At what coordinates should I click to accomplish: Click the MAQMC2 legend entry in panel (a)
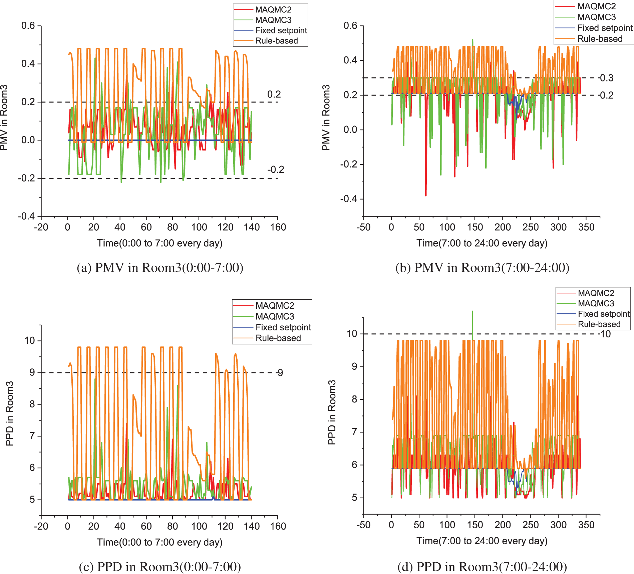coord(273,10)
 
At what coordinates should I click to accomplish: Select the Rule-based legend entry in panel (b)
coord(600,39)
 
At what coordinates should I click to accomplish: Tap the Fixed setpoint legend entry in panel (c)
coord(283,327)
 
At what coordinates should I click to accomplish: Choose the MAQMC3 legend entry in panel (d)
coord(596,303)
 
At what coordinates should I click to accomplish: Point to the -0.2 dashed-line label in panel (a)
coord(276,170)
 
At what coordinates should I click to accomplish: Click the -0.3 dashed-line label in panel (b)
coord(606,78)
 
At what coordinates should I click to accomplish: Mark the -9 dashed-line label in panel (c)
coord(280,373)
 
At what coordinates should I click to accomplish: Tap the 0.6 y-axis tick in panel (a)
coord(28,26)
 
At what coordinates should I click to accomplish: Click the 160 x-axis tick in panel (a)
coord(278,227)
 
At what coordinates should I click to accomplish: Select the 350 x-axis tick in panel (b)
coord(586,227)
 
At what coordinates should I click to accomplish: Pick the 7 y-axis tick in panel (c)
coord(32,436)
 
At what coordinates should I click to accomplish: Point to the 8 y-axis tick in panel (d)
coord(354,399)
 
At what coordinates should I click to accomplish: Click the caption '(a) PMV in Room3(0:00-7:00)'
coord(160,268)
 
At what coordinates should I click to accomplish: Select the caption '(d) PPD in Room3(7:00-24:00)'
coord(482,567)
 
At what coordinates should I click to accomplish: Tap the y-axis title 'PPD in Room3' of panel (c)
coord(10,413)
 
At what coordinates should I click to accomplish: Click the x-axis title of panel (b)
coord(482,243)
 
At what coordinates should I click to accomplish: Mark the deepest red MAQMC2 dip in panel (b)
coord(426,195)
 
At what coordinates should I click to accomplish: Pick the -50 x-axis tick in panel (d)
coord(363,525)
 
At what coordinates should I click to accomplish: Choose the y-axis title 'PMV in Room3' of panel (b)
coord(326,117)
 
